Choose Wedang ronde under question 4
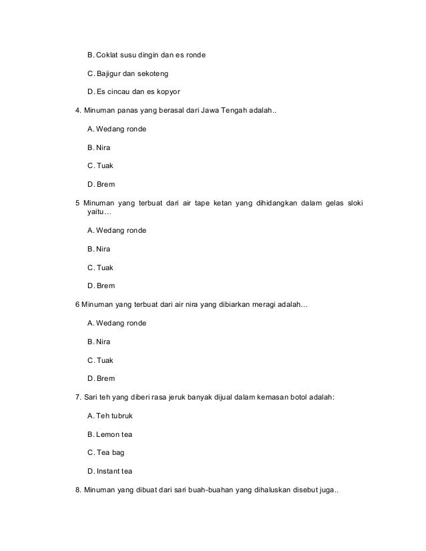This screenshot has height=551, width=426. tap(117, 128)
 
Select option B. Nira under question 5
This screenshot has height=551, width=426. tap(99, 249)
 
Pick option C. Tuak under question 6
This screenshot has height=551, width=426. tap(100, 360)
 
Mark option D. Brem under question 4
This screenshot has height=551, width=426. tap(101, 183)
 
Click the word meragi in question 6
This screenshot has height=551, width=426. tap(258, 304)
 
